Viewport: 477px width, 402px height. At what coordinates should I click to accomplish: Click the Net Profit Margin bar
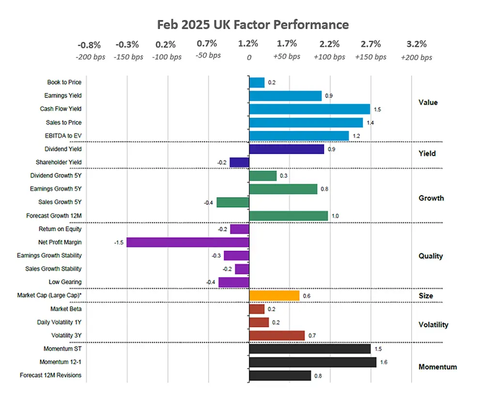[x=188, y=242]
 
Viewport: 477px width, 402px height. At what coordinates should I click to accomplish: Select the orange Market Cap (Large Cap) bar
[x=274, y=295]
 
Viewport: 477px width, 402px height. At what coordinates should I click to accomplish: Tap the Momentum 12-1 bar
[x=312, y=362]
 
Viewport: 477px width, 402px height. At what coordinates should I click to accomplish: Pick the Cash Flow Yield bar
[x=309, y=109]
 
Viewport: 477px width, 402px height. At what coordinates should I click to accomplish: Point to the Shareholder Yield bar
[x=239, y=162]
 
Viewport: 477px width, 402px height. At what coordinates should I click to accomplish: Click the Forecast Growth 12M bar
[x=288, y=216]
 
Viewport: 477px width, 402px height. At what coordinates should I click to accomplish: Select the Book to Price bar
[x=257, y=82]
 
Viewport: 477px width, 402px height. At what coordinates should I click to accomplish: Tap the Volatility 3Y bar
[x=277, y=336]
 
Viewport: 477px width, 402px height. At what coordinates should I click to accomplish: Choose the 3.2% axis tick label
[x=416, y=45]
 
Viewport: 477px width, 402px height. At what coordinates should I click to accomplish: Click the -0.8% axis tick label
[x=89, y=45]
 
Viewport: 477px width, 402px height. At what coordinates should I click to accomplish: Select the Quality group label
[x=431, y=256]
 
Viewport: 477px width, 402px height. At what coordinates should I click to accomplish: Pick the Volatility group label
[x=433, y=325]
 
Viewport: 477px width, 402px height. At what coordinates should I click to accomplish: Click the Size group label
[x=426, y=295]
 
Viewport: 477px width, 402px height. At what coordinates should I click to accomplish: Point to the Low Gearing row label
[x=65, y=282]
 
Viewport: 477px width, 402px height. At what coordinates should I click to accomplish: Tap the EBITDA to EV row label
[x=62, y=136]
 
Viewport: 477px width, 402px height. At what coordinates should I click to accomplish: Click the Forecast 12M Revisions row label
[x=50, y=375]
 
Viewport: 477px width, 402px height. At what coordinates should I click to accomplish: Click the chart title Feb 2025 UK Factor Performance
[x=253, y=24]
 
